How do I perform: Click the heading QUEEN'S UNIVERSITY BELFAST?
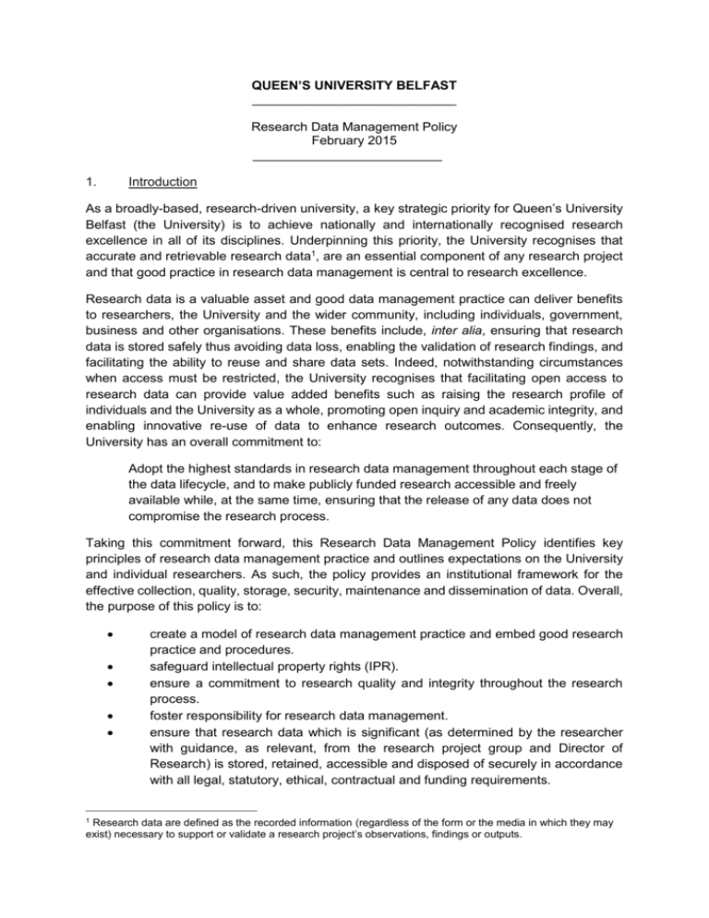(x=354, y=86)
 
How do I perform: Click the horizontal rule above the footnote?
(x=134, y=859)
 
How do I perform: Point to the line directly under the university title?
(x=354, y=103)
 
